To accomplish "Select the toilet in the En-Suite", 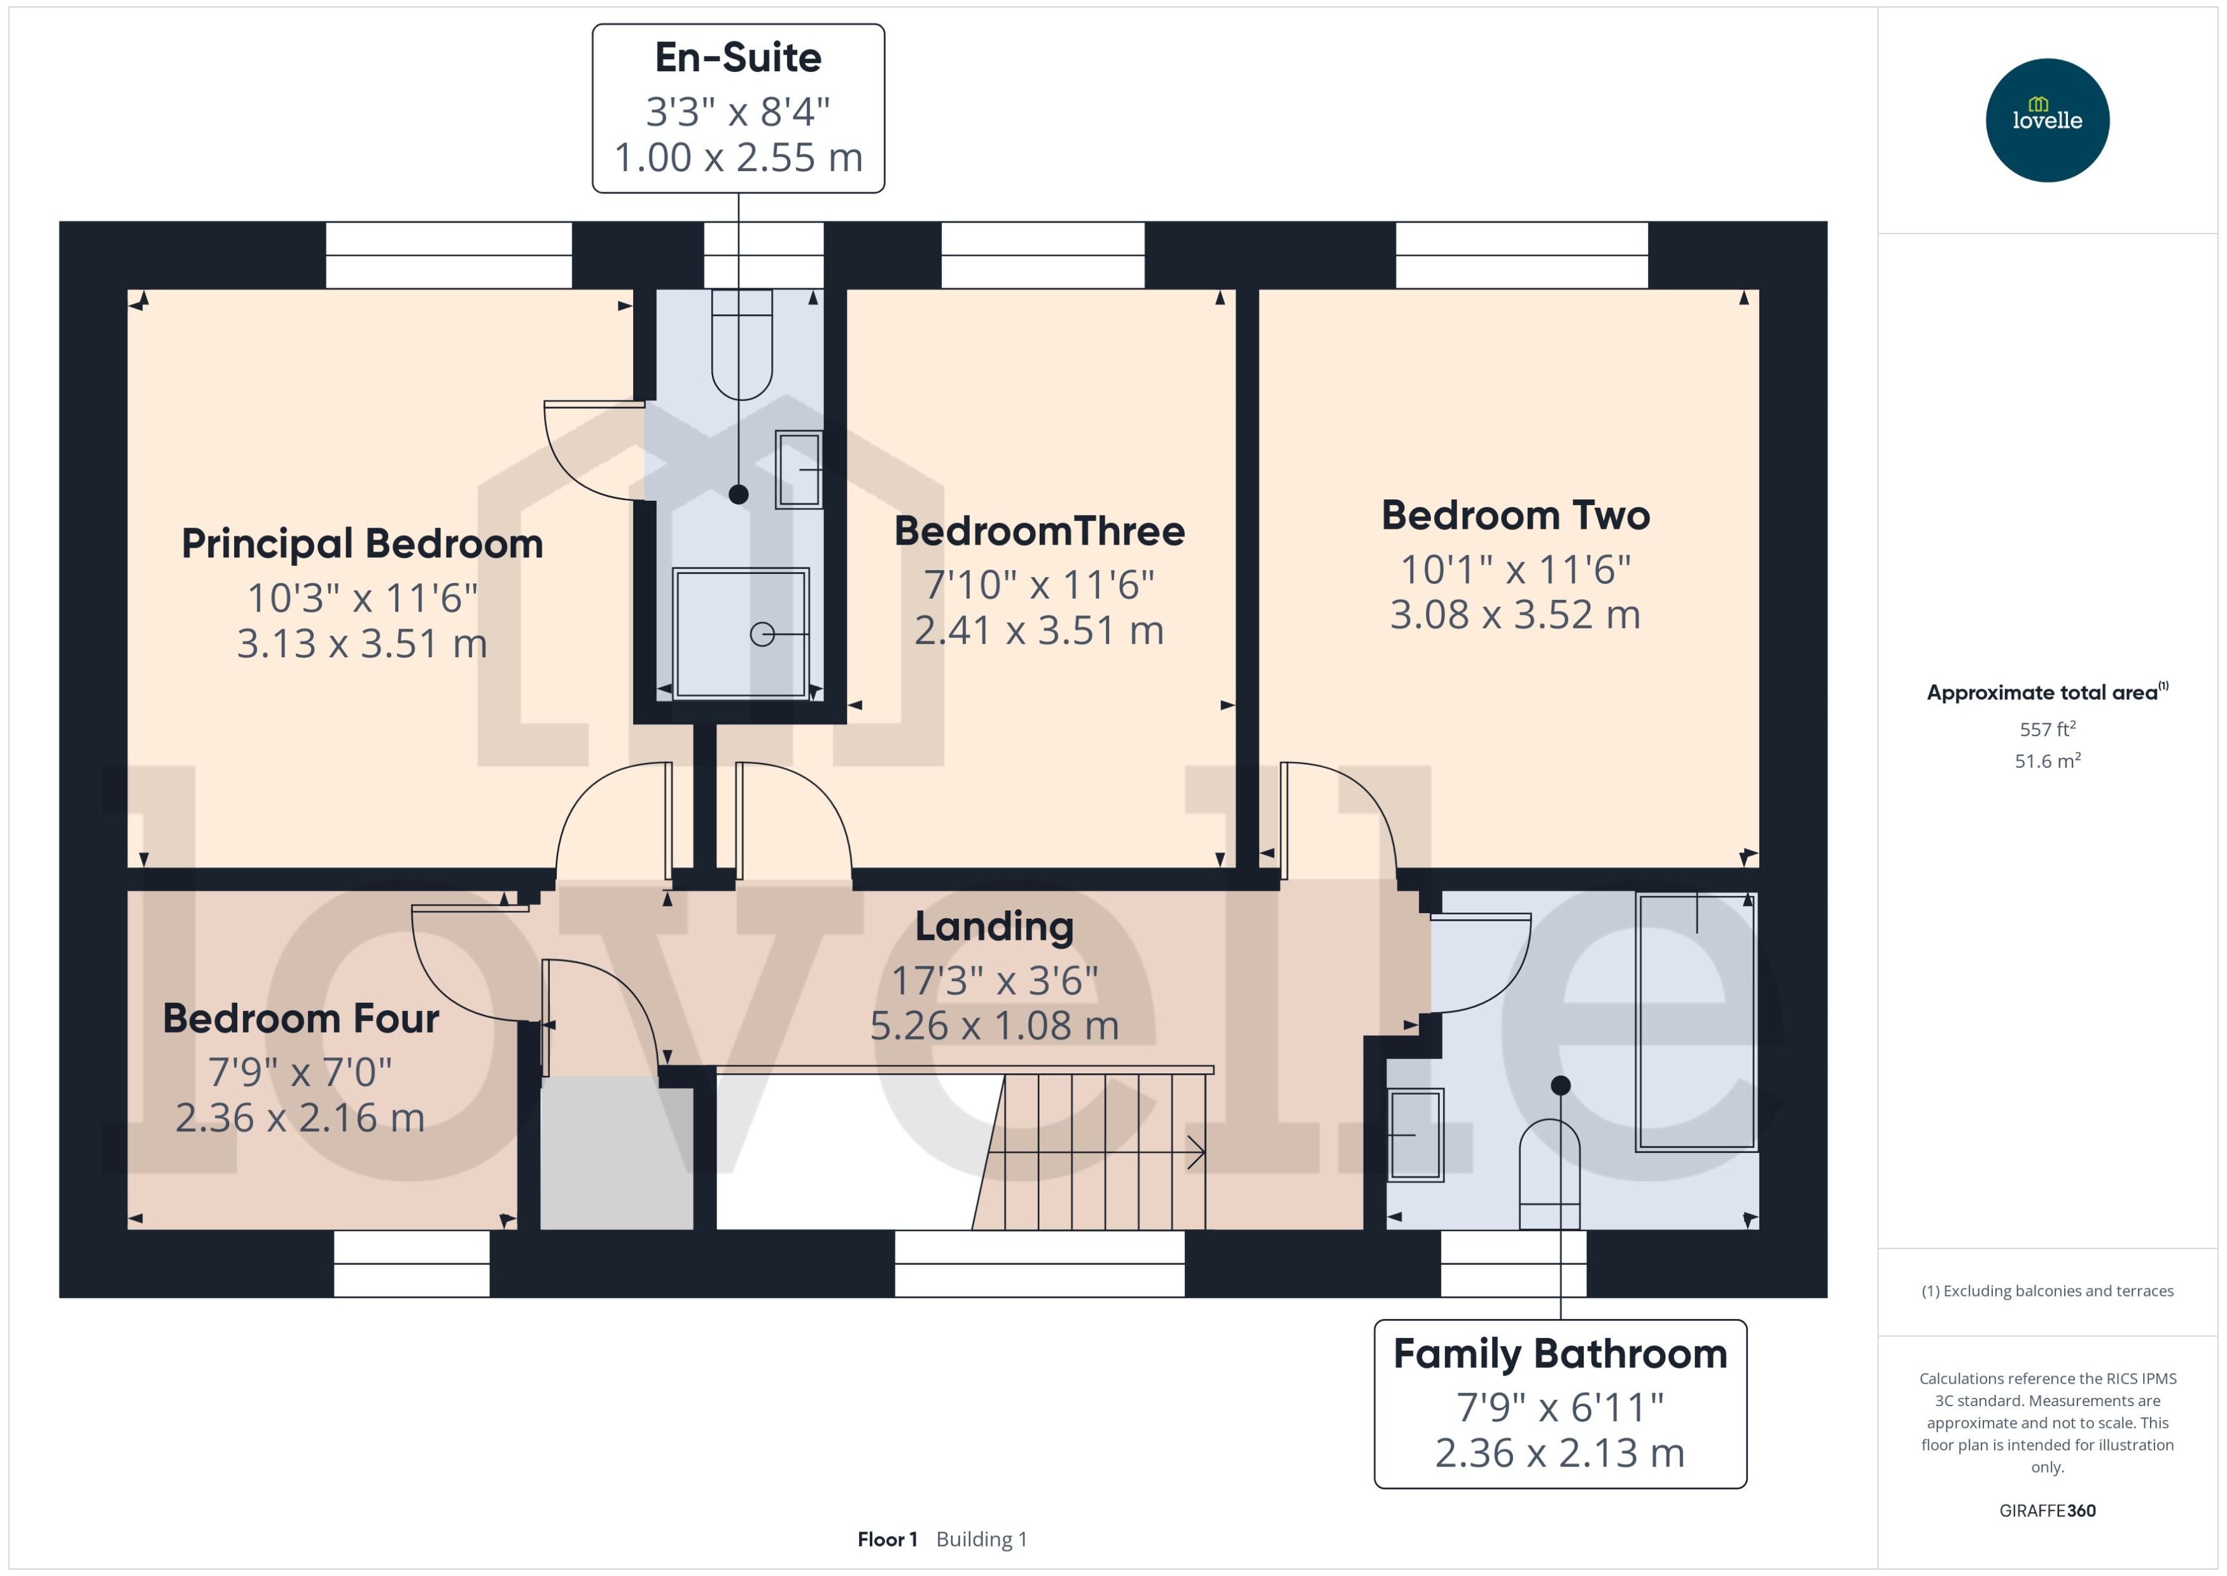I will tap(741, 344).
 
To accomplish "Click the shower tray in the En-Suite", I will tap(741, 632).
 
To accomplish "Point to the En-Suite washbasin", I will tap(799, 470).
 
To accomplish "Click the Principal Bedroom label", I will tap(362, 543).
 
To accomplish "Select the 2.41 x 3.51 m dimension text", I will tap(1038, 631).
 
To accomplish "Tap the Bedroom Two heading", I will tap(1515, 515).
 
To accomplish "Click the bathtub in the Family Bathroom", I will tap(1695, 1021).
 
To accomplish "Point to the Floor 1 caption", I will tap(886, 1539).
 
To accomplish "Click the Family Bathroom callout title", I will tap(1560, 1354).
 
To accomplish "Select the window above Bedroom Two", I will tap(1521, 255).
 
